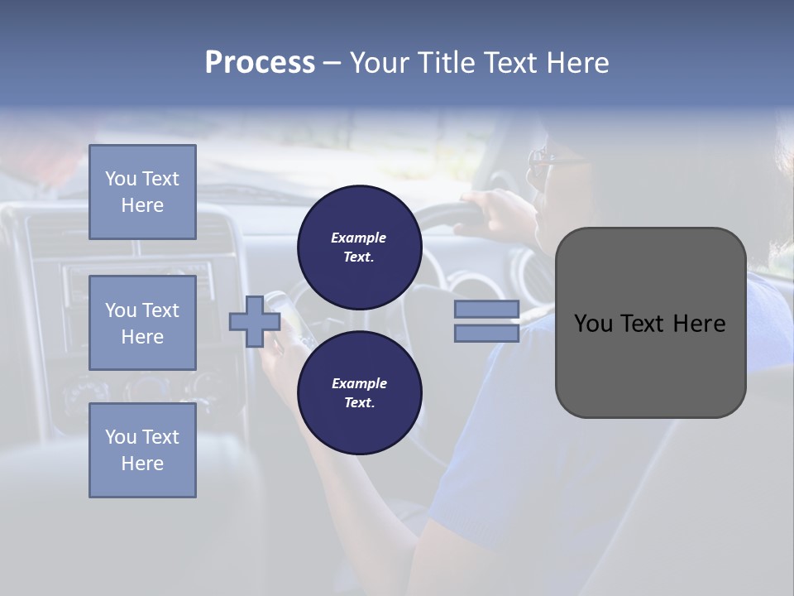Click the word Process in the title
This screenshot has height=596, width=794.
[260, 63]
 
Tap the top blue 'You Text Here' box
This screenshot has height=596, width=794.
[142, 192]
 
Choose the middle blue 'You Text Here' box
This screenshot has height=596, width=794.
[142, 323]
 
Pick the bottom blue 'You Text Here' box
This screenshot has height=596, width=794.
[142, 449]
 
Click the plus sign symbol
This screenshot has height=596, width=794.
[255, 321]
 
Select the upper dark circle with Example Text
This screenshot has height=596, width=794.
[359, 248]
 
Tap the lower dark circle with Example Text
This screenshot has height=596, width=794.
[359, 393]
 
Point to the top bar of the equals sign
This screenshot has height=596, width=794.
[486, 309]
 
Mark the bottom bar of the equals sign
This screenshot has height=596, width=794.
[486, 333]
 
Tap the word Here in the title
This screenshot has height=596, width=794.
[577, 63]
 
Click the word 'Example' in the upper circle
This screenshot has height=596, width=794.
[359, 238]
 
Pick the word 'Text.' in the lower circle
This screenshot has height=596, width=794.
[359, 403]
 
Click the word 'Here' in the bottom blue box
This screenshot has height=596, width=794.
[142, 464]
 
